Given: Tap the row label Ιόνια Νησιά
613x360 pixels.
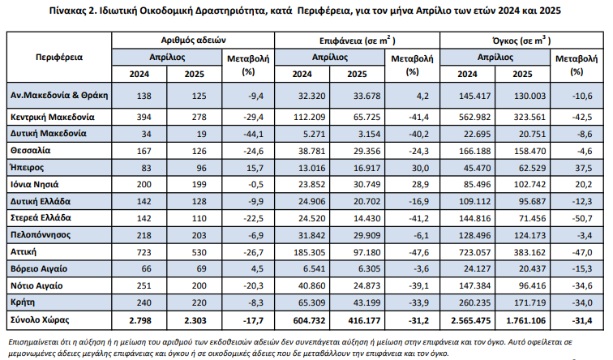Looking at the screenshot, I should [35, 185].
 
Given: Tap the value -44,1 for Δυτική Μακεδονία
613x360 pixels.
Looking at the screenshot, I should [255, 134].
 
